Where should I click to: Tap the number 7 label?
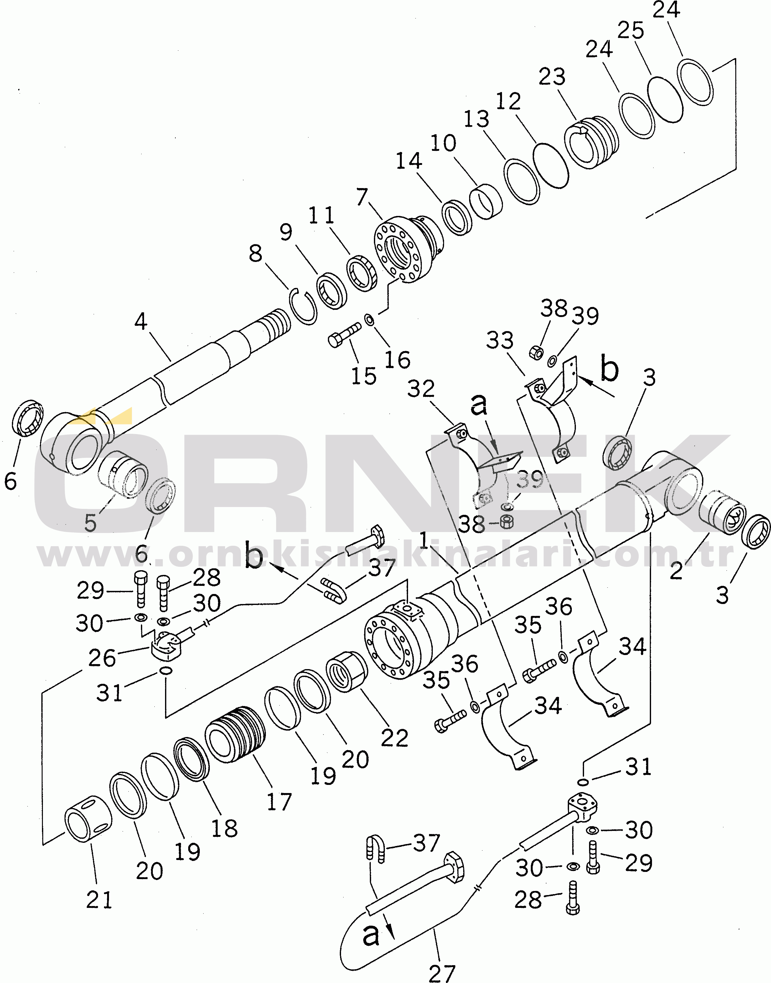pos(362,197)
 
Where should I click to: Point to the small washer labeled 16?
pos(369,320)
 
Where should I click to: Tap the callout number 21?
pos(99,900)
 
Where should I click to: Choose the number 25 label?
pos(631,31)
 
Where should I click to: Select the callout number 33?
pos(500,340)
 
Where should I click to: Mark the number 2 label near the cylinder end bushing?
pos(676,571)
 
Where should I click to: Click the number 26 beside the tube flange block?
pos(102,658)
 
